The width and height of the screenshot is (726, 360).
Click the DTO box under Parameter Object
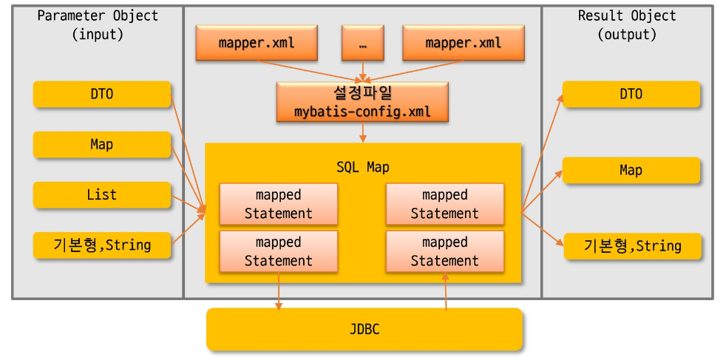pos(102,94)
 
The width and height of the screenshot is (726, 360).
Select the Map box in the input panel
pos(102,144)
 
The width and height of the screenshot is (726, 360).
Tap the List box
pos(102,195)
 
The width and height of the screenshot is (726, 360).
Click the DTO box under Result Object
pos(631,94)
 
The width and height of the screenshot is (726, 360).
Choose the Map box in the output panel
pos(631,170)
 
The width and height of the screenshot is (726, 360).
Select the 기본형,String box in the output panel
pos(632,245)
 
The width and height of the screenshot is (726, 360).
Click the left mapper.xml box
pos(257,43)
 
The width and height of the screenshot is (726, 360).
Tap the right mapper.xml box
pos(463,43)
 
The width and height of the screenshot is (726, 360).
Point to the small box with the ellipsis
pos(362,43)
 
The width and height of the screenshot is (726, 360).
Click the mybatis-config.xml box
pos(362,103)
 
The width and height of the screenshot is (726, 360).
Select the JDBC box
pos(364,329)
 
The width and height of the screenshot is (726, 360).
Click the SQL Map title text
pos(362,167)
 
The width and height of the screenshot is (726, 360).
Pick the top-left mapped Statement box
pos(278,204)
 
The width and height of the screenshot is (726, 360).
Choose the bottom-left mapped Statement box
pos(278,251)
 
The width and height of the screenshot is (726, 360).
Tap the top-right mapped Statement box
pos(444,204)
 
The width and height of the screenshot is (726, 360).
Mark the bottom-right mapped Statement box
pos(444,251)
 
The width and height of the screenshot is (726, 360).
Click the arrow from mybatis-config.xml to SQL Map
pos(362,133)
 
